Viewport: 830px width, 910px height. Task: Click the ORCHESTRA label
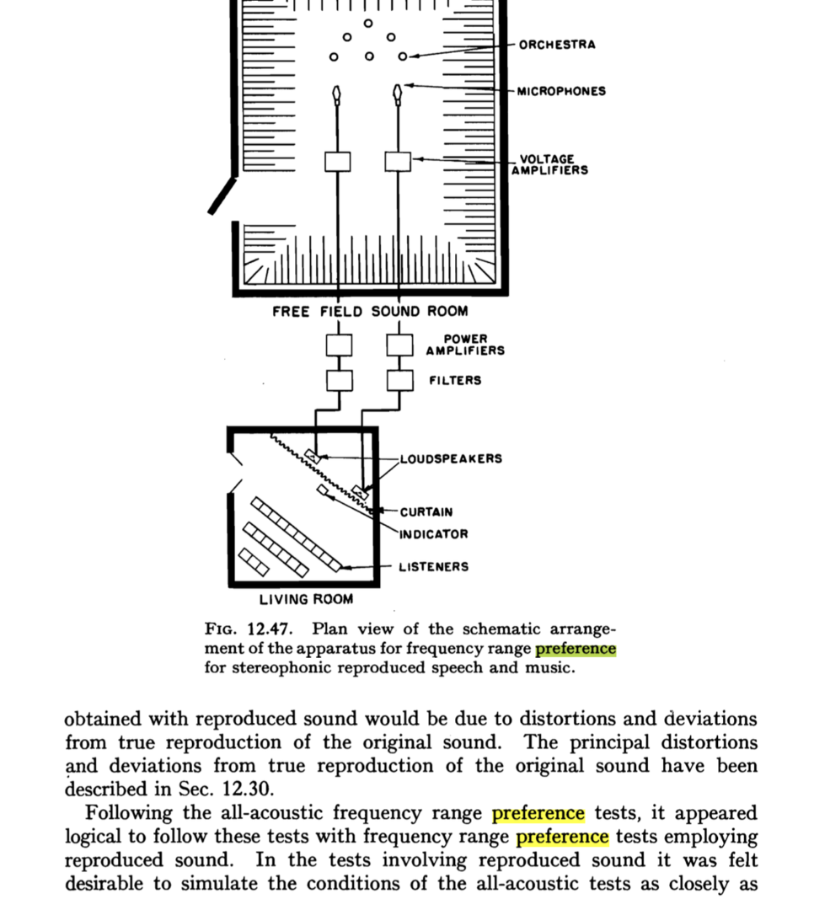click(556, 45)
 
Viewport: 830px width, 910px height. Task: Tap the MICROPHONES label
click(561, 91)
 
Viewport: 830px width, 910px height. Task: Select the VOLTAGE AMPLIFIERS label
click(549, 164)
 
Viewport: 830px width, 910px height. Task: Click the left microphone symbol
click(338, 92)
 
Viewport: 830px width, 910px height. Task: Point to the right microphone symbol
click(397, 92)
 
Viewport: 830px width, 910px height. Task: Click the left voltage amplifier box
click(338, 161)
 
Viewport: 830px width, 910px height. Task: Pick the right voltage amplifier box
click(398, 161)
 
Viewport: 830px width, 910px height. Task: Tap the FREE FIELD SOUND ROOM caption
click(370, 312)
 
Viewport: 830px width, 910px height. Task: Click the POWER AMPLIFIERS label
click(465, 345)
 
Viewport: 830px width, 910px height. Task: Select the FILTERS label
click(455, 381)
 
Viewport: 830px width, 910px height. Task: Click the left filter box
click(340, 380)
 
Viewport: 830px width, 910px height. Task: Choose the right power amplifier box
click(400, 345)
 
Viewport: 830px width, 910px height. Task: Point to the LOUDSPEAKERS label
click(451, 459)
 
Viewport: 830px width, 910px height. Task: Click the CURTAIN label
click(426, 512)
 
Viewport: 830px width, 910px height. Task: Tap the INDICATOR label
click(433, 534)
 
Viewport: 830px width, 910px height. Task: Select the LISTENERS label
click(433, 567)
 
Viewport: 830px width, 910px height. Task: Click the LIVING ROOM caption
click(306, 600)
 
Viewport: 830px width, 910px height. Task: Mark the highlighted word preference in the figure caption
click(576, 650)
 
